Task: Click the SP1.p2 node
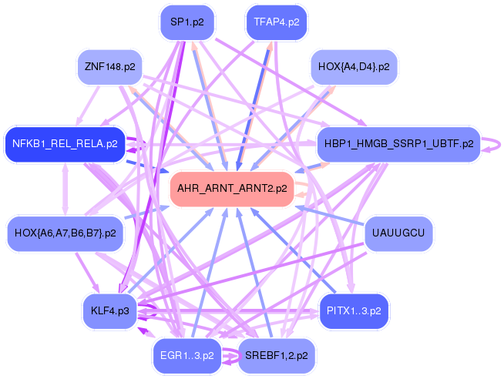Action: pos(187,22)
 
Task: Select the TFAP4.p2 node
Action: pos(276,22)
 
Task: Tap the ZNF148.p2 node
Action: pos(110,67)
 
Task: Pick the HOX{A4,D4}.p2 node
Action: pos(354,67)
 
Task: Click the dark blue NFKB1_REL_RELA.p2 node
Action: pos(65,143)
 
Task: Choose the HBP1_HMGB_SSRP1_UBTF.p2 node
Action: pos(398,143)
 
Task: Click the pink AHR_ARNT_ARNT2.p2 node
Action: pos(232,188)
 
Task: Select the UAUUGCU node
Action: pos(398,233)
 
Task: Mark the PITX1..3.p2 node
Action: pos(354,310)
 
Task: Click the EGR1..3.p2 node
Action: pos(187,355)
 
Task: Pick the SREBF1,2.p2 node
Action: pos(276,355)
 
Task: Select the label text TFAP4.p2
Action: pos(276,22)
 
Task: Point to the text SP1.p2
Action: pos(187,22)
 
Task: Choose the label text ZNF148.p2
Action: pos(110,67)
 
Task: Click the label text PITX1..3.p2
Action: pos(354,310)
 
